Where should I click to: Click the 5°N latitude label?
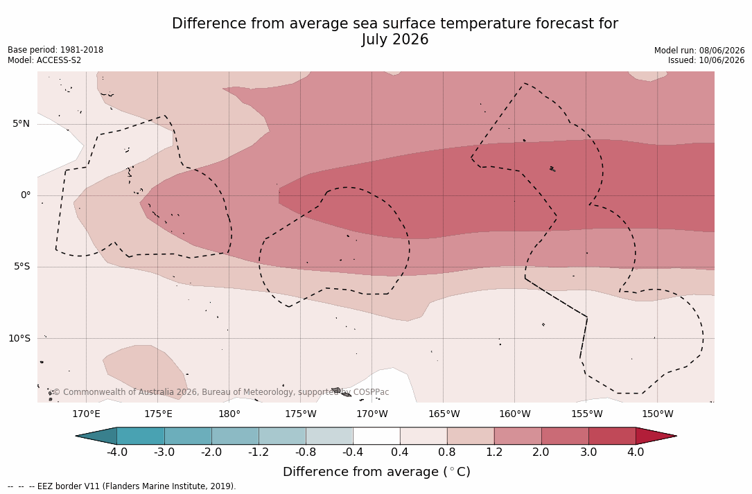click(x=21, y=124)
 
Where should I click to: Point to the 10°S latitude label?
click(x=19, y=339)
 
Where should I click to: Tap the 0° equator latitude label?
click(x=26, y=195)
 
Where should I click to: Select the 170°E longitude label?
click(x=87, y=414)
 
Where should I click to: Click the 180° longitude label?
click(x=229, y=414)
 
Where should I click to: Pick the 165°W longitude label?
click(x=444, y=414)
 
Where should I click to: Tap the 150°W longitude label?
click(x=658, y=414)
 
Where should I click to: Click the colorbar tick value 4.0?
click(x=636, y=452)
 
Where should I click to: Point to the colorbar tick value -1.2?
click(x=259, y=452)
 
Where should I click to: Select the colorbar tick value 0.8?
click(x=447, y=452)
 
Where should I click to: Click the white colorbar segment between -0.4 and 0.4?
click(x=376, y=436)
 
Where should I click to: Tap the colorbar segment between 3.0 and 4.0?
click(x=613, y=436)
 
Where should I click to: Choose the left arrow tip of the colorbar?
click(x=76, y=436)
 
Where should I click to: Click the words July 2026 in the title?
click(x=394, y=39)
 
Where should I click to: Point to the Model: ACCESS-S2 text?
click(x=44, y=60)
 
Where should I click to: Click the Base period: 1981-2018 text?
click(x=55, y=50)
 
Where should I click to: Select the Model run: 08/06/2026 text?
click(x=699, y=51)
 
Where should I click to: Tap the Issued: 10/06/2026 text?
click(x=706, y=60)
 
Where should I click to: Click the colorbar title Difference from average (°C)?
click(x=376, y=472)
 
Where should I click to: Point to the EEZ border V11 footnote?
click(x=122, y=486)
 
